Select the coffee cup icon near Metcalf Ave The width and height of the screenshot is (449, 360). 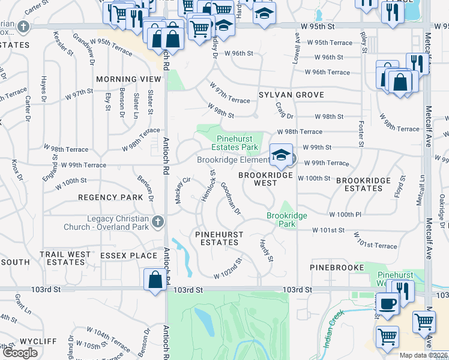[387, 303]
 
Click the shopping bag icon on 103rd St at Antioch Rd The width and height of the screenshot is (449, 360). [155, 280]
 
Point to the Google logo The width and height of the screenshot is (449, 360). [20, 353]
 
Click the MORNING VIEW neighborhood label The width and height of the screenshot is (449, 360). [130, 79]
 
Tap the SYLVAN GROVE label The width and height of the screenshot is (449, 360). [291, 95]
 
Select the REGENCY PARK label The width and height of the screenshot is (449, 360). [110, 197]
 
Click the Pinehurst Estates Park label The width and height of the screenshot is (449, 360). [237, 143]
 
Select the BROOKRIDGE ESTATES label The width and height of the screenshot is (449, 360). [359, 184]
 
